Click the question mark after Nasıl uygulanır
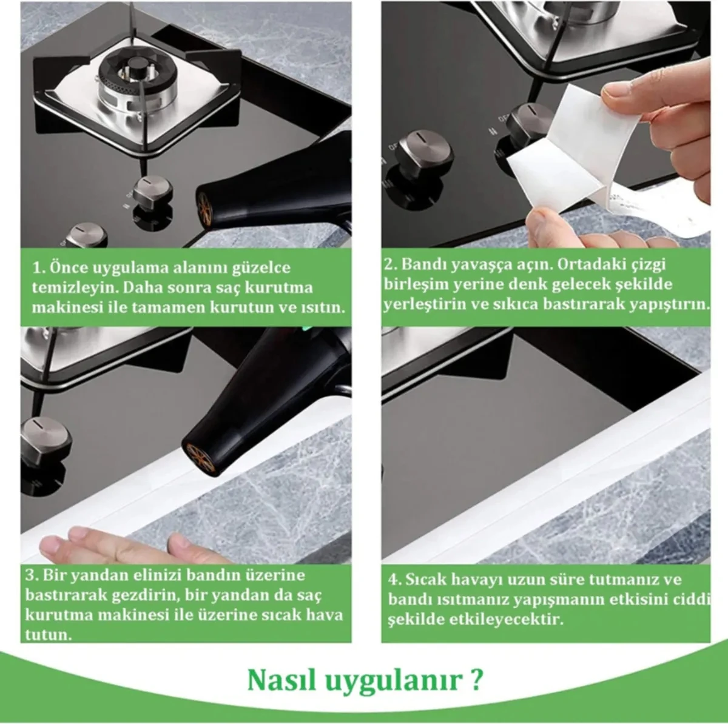(476, 680)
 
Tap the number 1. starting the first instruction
(38, 268)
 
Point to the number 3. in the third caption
(32, 575)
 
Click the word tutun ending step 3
(45, 635)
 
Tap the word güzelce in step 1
(261, 268)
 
